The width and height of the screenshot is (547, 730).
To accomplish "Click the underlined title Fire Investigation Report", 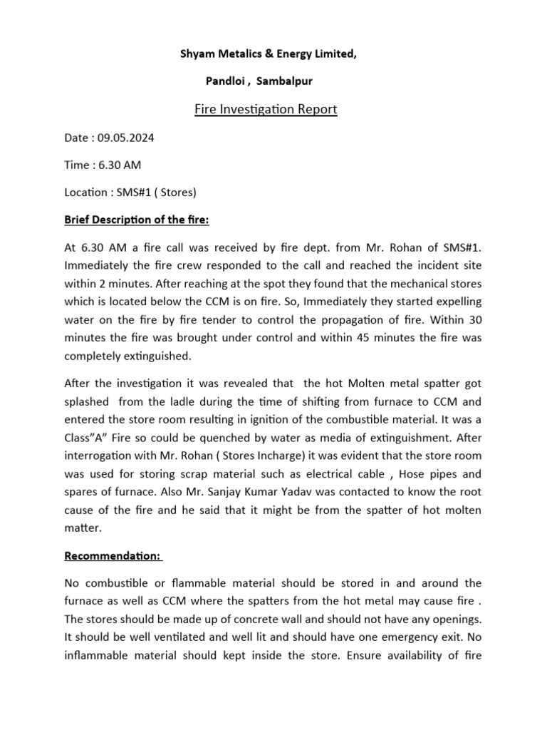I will (x=265, y=110).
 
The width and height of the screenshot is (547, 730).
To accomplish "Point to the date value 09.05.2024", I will (x=125, y=138).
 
